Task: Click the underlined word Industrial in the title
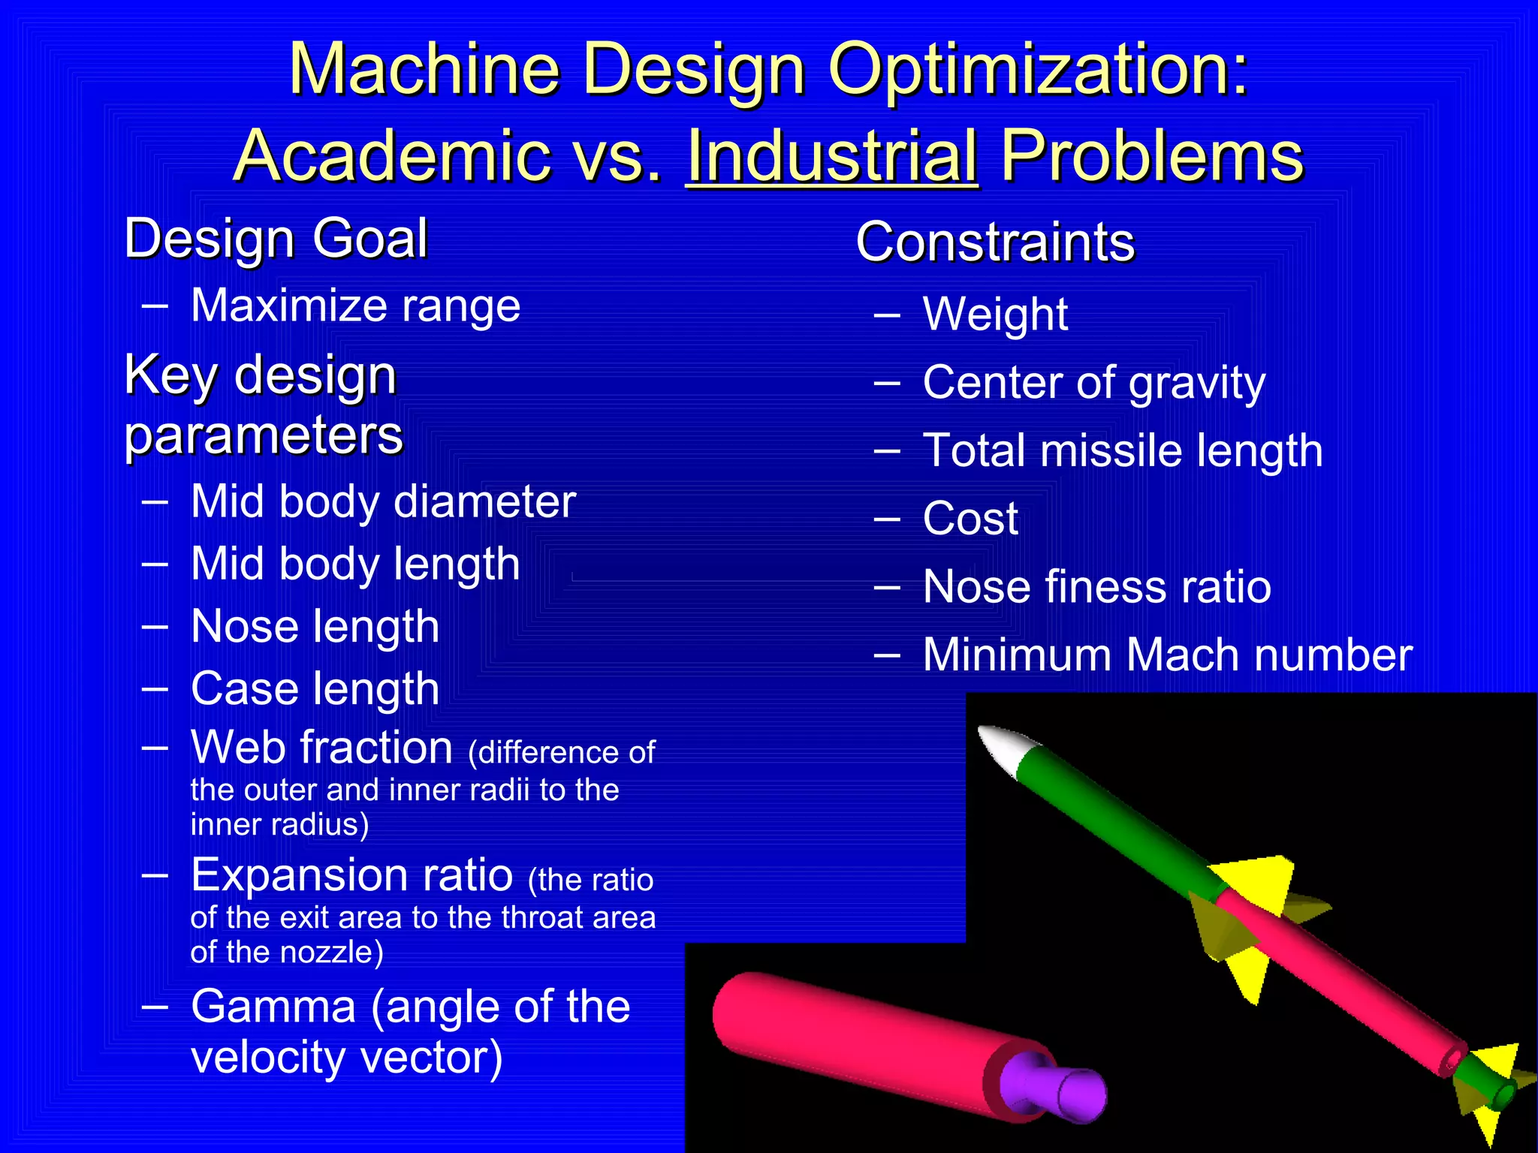[x=832, y=155]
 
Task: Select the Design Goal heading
[x=276, y=239]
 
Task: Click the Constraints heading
[x=995, y=242]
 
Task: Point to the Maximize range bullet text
[x=355, y=306]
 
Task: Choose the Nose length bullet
[x=315, y=626]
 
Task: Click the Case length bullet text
[x=315, y=688]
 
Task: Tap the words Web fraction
[x=321, y=748]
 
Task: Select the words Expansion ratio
[x=351, y=875]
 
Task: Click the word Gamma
[x=273, y=1007]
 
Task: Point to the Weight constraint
[x=995, y=314]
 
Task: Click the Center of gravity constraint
[x=1093, y=383]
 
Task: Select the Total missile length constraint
[x=1123, y=450]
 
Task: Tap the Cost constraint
[x=970, y=518]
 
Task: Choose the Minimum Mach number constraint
[x=1168, y=655]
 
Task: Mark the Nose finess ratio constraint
[x=1096, y=586]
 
